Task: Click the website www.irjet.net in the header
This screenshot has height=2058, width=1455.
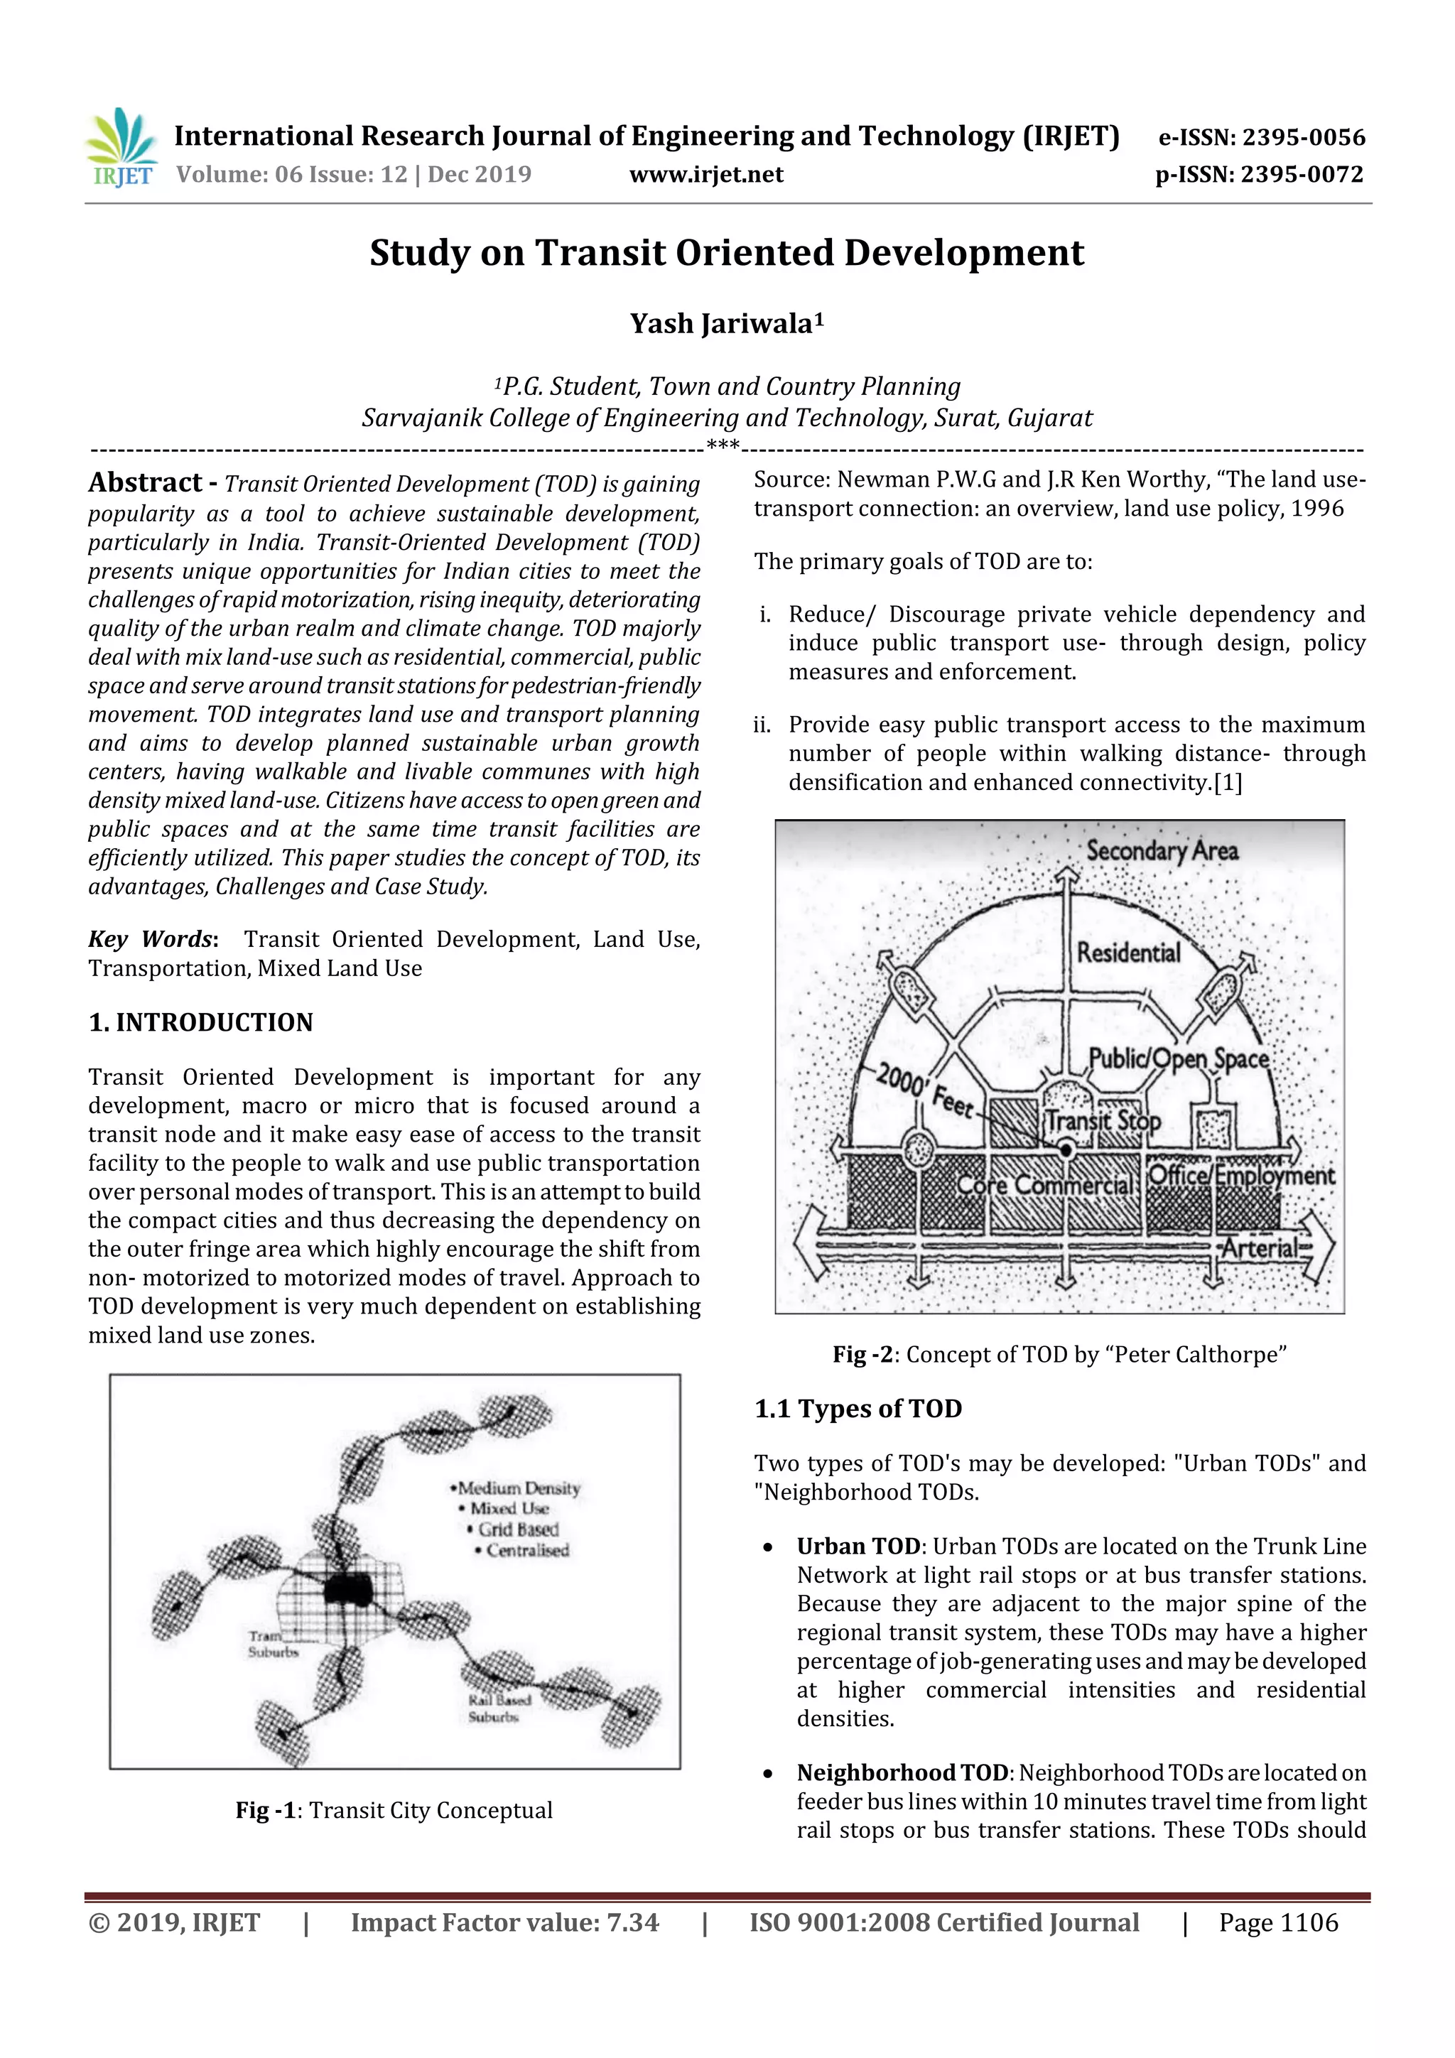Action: (705, 174)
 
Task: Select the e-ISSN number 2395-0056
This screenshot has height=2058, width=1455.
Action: (1261, 137)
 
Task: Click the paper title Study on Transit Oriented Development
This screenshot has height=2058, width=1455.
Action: (726, 253)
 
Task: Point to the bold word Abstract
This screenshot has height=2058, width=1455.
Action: (145, 482)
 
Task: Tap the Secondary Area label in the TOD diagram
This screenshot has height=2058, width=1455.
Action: (1161, 850)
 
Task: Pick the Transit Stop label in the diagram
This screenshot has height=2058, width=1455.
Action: (1103, 1120)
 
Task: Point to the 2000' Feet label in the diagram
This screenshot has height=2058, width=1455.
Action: (924, 1089)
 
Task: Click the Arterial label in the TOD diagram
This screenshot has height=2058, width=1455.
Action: (1260, 1247)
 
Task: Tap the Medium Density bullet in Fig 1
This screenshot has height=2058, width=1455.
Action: (516, 1488)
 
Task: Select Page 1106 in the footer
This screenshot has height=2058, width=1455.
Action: (1277, 1922)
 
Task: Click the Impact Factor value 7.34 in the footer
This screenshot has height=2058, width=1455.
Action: (504, 1922)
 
